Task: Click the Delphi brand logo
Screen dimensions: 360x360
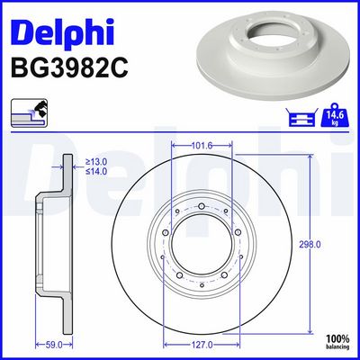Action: [62, 33]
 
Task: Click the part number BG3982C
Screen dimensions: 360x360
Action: [69, 68]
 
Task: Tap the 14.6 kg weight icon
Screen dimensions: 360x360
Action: [336, 115]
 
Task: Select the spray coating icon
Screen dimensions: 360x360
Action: [30, 112]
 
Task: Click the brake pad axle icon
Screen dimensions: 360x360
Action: [301, 118]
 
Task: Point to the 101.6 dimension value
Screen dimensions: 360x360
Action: [202, 146]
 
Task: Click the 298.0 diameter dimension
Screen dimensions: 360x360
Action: [310, 245]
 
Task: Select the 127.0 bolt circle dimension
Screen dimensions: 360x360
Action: [202, 346]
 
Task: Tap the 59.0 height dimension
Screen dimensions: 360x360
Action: [54, 346]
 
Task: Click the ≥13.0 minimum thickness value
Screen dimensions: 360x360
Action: [96, 162]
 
